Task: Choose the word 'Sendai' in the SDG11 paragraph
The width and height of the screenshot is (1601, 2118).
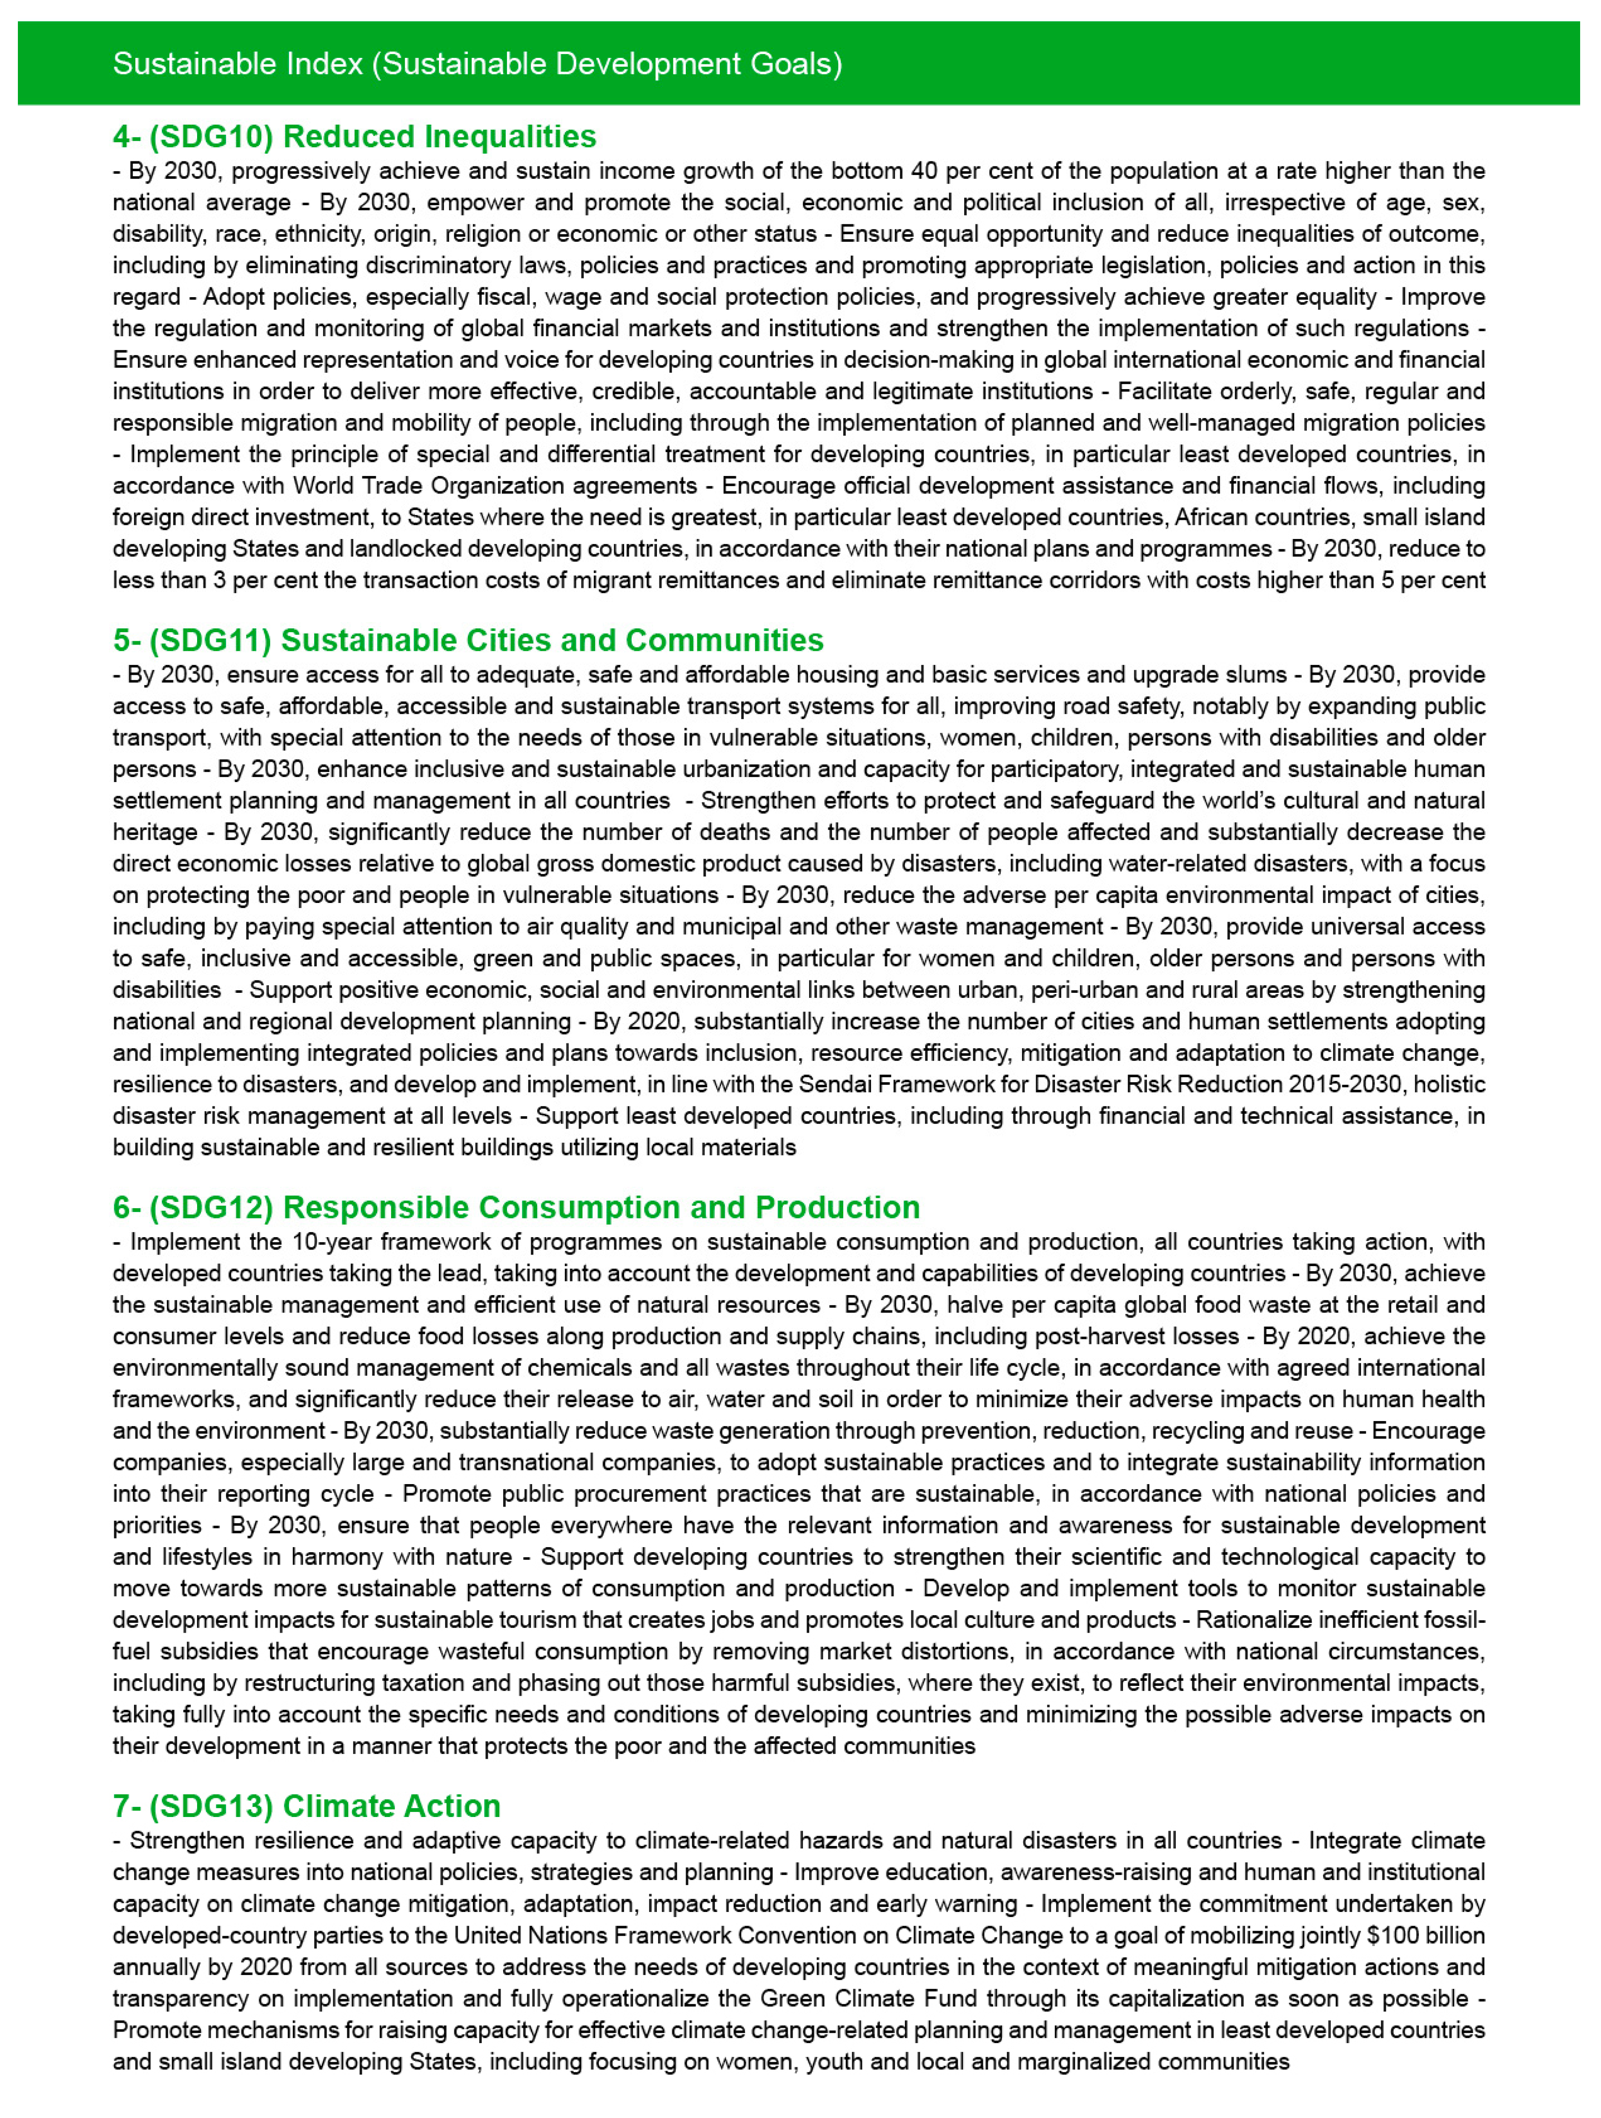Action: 833,1085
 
